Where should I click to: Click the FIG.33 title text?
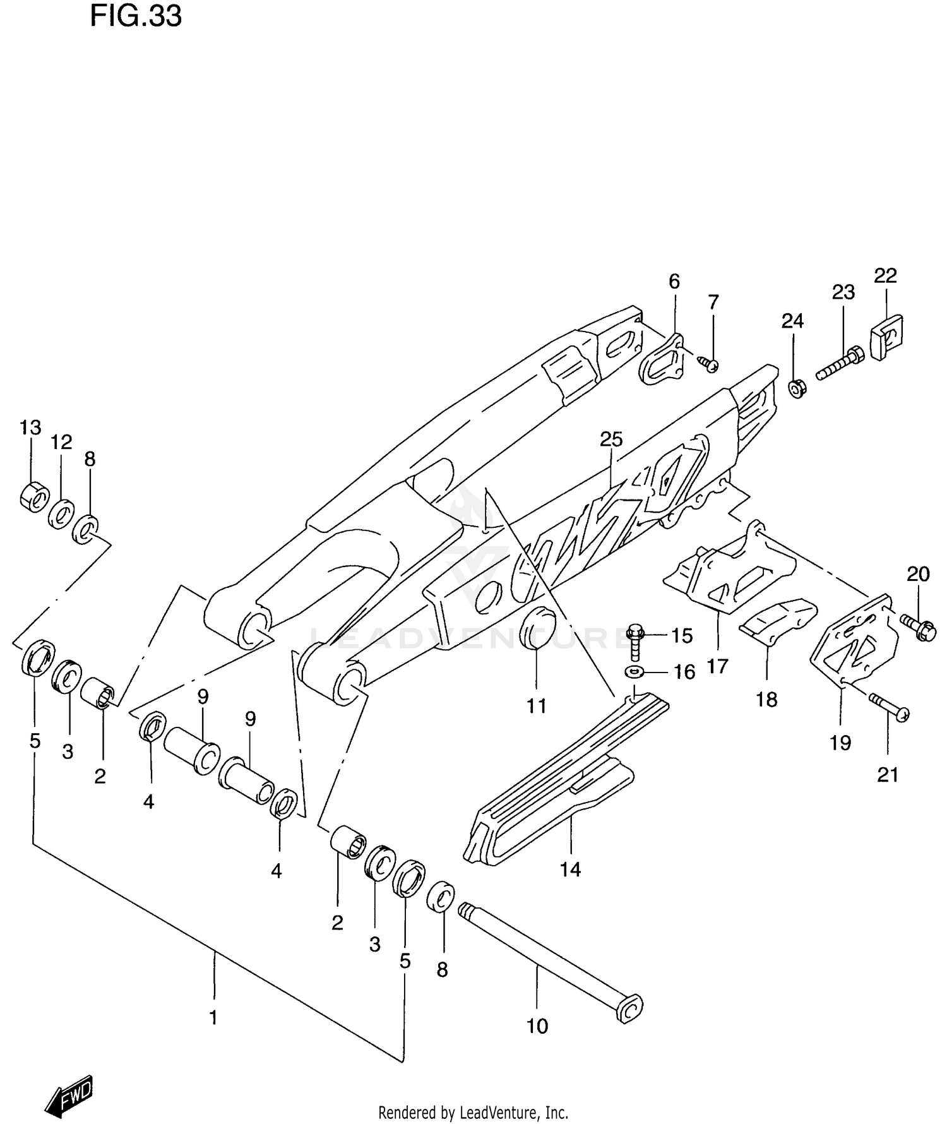pyautogui.click(x=136, y=16)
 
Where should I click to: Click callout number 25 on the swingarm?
pyautogui.click(x=611, y=439)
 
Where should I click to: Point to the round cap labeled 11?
pyautogui.click(x=537, y=629)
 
